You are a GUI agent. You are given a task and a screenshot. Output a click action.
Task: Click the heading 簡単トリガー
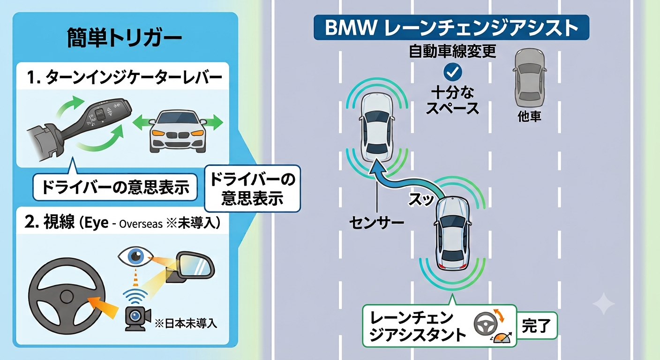click(x=124, y=38)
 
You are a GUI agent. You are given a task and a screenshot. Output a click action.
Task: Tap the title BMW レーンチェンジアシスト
click(x=451, y=28)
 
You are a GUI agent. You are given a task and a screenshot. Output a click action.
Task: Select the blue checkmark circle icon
click(x=452, y=72)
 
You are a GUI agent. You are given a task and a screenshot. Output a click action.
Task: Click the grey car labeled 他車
click(x=530, y=78)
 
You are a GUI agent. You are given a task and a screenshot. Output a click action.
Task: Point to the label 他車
click(x=530, y=117)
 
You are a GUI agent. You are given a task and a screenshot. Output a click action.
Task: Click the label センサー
click(x=376, y=223)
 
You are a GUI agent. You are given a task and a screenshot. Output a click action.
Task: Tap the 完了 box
click(x=536, y=326)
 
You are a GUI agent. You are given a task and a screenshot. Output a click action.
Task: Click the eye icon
click(x=135, y=256)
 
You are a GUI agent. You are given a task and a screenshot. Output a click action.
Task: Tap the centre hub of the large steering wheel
click(x=66, y=297)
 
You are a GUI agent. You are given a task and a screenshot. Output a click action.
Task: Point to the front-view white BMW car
click(x=177, y=131)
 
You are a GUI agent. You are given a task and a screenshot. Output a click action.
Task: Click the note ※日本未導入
click(x=186, y=324)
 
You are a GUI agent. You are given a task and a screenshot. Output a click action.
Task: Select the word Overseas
click(x=141, y=224)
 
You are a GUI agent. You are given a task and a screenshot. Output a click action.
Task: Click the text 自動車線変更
click(x=452, y=51)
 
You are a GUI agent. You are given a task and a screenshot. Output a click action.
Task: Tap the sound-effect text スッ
click(x=421, y=199)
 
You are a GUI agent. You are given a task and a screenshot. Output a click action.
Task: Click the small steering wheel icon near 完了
click(x=485, y=324)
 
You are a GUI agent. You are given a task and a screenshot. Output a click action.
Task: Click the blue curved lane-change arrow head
click(x=377, y=169)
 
